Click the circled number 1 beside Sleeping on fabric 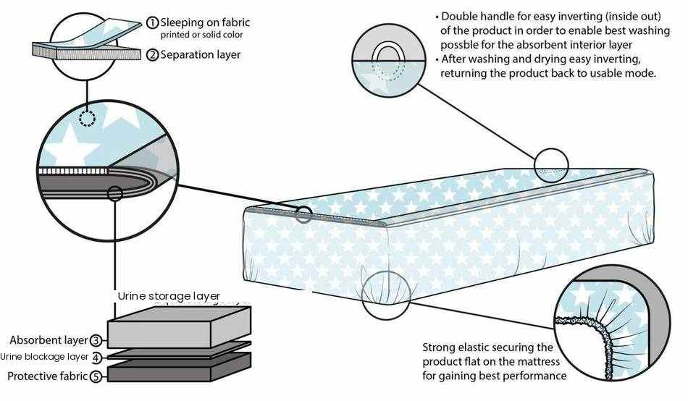tap(152, 22)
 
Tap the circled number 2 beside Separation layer tap(152, 55)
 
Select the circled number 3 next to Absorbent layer tap(96, 340)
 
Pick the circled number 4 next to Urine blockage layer tap(96, 358)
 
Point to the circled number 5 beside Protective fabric tap(96, 376)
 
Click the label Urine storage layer tap(169, 296)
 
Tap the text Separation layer tap(201, 55)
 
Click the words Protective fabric tap(47, 376)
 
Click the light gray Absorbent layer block tap(179, 327)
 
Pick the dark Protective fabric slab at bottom tap(179, 368)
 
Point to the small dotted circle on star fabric tap(88, 118)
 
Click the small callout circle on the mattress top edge tap(551, 166)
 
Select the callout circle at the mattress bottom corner tap(386, 295)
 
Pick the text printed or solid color tap(201, 35)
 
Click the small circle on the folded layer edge tap(115, 193)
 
